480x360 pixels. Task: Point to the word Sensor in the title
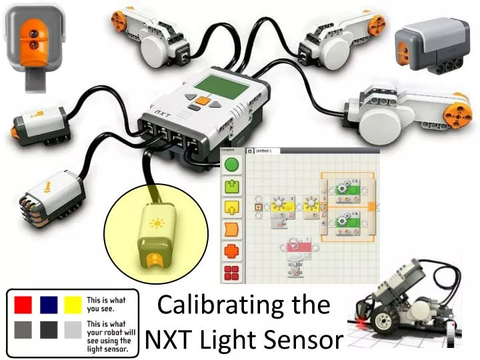(x=304, y=340)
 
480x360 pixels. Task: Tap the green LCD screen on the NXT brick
(x=220, y=85)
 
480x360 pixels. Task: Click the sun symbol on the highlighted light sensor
(x=157, y=223)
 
